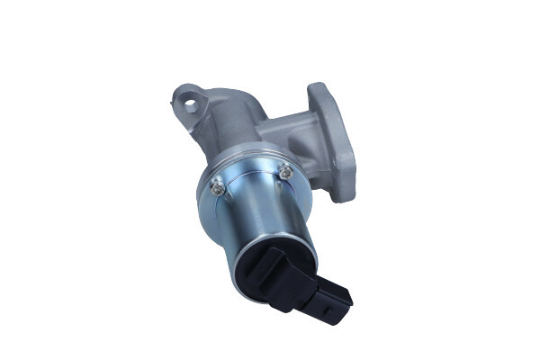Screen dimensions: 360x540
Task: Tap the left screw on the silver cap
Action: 216,186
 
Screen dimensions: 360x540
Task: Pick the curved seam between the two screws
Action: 252,171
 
